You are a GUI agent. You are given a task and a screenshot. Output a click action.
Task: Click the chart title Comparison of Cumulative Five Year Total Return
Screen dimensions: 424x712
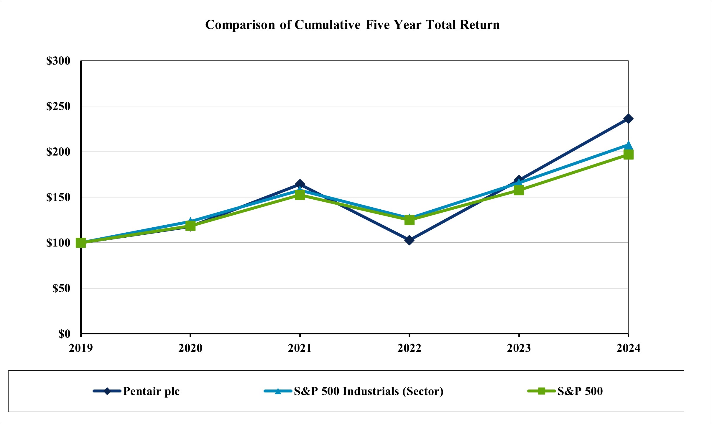point(352,25)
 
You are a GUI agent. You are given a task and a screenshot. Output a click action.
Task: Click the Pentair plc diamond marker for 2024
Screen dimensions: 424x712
point(628,119)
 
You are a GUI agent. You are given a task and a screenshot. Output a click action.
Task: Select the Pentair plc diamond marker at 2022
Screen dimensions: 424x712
point(409,240)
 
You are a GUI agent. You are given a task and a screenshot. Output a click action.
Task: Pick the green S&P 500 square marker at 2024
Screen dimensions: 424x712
point(628,155)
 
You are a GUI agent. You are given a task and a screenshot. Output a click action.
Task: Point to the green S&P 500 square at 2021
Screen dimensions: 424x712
point(300,195)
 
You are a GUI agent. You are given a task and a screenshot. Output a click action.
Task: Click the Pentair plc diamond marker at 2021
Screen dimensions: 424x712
point(300,184)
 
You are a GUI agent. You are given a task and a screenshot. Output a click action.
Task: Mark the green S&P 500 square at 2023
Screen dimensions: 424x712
point(519,190)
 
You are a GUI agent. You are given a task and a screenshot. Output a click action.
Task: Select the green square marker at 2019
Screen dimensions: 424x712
point(81,243)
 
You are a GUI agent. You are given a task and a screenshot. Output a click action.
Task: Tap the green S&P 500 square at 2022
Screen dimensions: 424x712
point(409,220)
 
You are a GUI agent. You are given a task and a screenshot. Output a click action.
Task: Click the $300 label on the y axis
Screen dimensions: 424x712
point(58,61)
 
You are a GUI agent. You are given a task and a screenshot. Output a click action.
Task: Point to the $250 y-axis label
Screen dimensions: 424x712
point(58,106)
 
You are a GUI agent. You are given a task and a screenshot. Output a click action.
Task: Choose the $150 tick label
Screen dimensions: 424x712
point(58,197)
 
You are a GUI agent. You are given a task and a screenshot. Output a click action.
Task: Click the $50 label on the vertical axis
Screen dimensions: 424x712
point(61,288)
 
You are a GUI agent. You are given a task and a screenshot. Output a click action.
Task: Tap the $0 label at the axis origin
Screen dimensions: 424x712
point(64,334)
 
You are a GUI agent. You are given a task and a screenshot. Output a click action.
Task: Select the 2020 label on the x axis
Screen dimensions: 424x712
point(190,348)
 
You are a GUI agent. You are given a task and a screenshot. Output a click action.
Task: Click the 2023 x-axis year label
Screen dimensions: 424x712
point(519,348)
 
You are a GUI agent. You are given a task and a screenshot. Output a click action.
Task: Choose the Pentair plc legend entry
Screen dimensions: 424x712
point(151,391)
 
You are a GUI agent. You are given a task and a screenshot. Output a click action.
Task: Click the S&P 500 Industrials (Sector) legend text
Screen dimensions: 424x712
point(369,391)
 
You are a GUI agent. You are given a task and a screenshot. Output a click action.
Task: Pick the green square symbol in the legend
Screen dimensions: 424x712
point(541,391)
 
